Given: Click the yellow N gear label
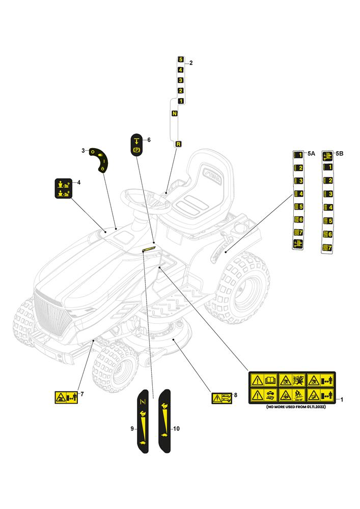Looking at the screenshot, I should [175, 114].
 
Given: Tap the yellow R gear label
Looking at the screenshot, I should [178, 144].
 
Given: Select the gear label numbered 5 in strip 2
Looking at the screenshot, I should [180, 60].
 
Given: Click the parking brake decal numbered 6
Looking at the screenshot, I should [136, 146].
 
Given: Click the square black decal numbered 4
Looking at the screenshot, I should [63, 188].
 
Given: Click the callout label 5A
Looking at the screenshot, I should [312, 153].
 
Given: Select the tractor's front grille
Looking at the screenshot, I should [52, 316].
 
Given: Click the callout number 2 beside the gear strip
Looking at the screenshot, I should [191, 63].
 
